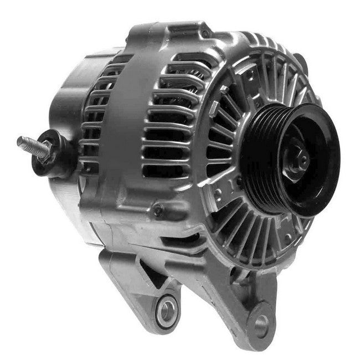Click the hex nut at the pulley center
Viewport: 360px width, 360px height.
pos(300,161)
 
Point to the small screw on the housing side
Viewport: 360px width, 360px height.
pos(158,210)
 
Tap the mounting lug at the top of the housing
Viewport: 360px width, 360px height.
pos(166,33)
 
